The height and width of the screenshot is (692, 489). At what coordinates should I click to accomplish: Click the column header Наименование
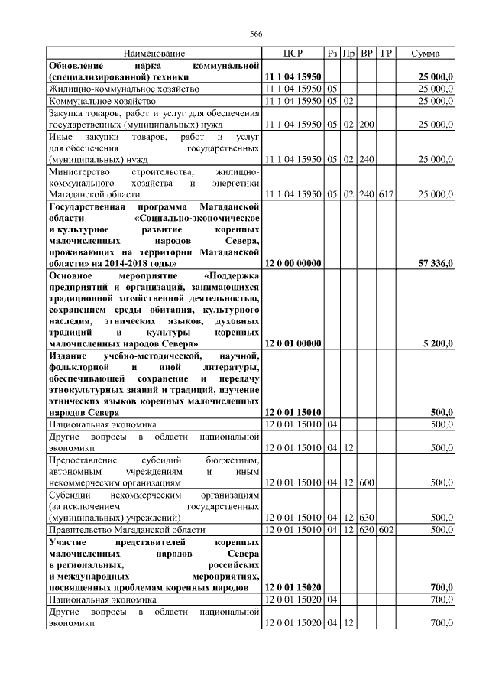click(x=154, y=54)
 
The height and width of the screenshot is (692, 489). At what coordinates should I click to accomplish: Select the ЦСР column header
click(x=293, y=54)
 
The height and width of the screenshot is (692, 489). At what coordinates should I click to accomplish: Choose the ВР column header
click(x=367, y=54)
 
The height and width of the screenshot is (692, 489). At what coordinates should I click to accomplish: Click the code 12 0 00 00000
click(x=293, y=263)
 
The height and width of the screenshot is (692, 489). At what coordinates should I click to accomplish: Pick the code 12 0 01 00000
click(x=293, y=343)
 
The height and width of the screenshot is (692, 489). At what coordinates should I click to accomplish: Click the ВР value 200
click(x=367, y=123)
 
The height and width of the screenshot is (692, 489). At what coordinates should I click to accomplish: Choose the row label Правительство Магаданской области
click(x=127, y=528)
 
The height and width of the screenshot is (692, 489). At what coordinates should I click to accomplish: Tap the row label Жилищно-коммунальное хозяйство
click(x=117, y=89)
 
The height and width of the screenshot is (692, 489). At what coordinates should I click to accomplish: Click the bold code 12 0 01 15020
click(x=293, y=586)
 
